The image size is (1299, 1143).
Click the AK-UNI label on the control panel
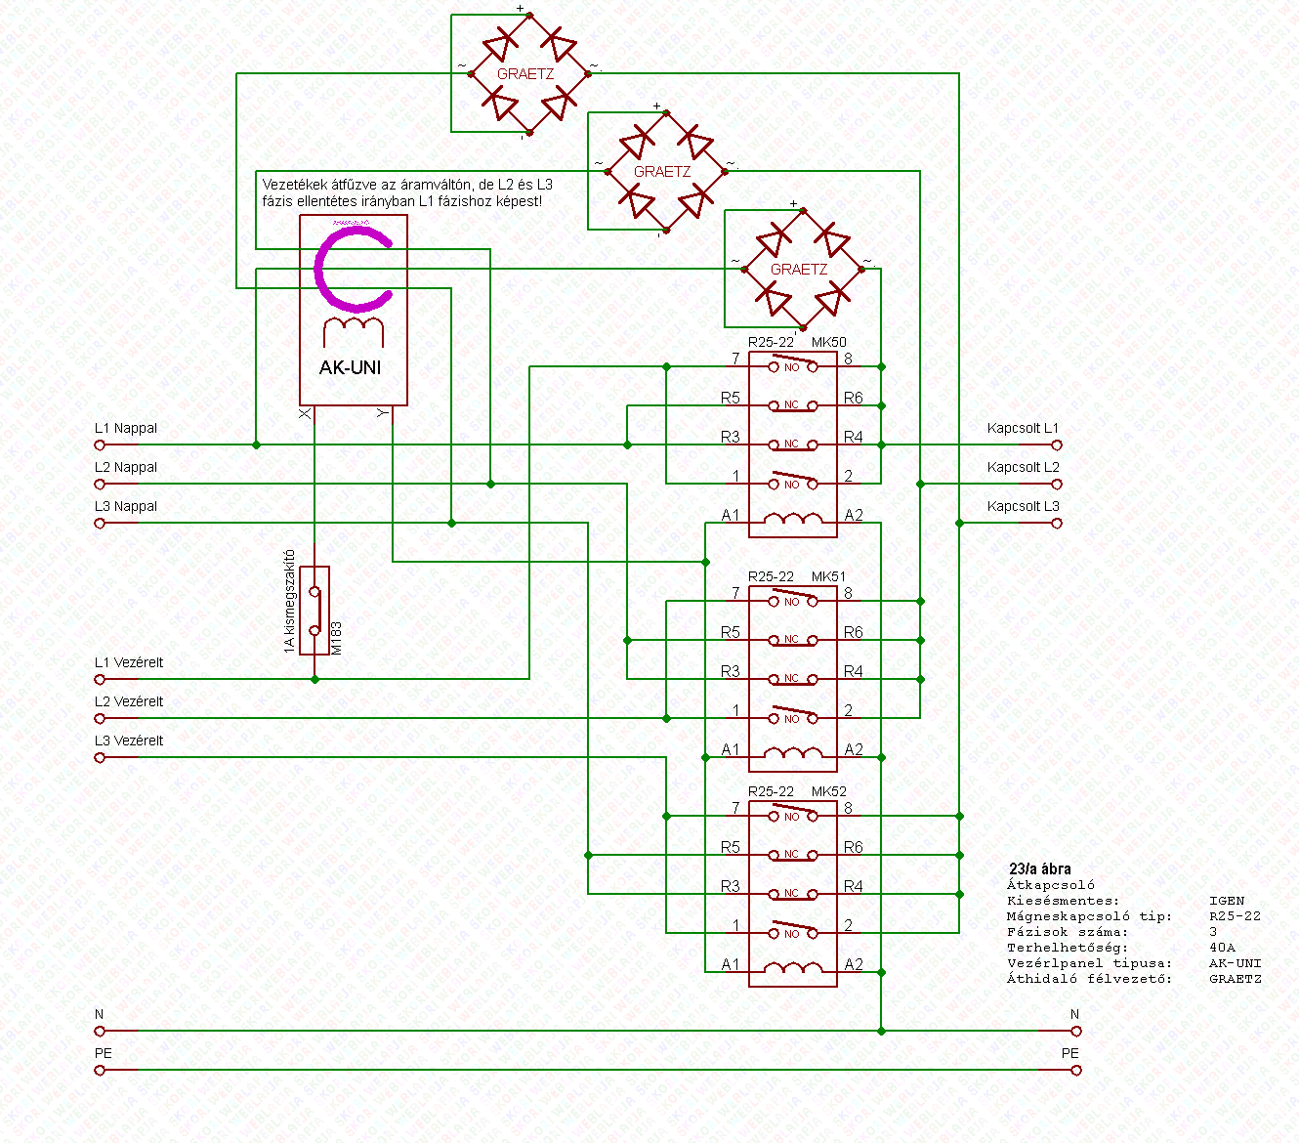(351, 368)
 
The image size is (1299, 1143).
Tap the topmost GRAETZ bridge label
(525, 74)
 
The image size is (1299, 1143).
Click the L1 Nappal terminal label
(126, 429)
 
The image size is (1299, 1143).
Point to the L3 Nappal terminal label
(126, 507)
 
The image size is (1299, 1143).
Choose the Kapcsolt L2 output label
(1023, 468)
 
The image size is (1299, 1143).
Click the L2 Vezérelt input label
(129, 702)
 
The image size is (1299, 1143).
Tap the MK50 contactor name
(829, 343)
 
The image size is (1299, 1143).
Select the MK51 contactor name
(829, 577)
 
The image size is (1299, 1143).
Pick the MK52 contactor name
(829, 792)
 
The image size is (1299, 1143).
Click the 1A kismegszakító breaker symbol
(314, 611)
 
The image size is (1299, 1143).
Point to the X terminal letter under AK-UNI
(305, 414)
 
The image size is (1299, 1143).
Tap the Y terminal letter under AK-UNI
(383, 414)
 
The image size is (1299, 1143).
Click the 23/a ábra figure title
(1039, 868)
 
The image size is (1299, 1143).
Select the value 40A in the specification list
(1222, 948)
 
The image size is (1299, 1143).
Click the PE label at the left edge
(104, 1054)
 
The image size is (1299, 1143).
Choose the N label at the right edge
(1074, 1015)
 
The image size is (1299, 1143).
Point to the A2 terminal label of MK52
(854, 965)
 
